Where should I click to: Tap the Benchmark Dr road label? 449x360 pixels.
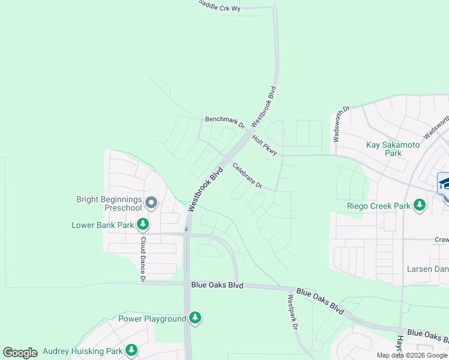(x=225, y=121)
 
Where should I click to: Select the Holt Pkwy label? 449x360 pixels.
(x=265, y=146)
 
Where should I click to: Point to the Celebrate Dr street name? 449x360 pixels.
(x=247, y=176)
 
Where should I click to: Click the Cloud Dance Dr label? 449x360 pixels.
(x=143, y=259)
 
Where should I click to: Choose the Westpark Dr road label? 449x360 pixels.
(x=292, y=312)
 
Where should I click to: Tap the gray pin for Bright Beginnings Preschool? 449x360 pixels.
(x=151, y=204)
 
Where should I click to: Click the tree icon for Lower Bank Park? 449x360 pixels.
(x=143, y=225)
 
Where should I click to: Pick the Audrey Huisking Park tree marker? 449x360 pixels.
(x=131, y=350)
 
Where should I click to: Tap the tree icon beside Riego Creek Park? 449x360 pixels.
(x=420, y=206)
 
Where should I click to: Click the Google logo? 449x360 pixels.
(x=20, y=352)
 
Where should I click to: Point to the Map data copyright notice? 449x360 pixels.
(x=412, y=355)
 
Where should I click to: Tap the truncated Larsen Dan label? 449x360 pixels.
(x=427, y=269)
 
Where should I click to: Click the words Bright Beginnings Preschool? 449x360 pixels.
(x=109, y=203)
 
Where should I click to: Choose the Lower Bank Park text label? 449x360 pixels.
(x=103, y=226)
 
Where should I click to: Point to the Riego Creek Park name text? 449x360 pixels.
(x=378, y=206)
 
